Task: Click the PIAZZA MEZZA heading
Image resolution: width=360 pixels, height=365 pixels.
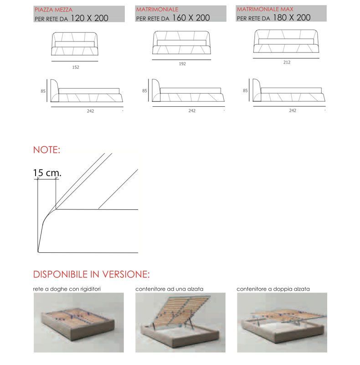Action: (x=53, y=10)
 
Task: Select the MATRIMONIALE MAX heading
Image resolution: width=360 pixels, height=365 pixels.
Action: (x=265, y=9)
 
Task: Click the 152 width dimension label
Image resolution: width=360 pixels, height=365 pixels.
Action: (x=76, y=67)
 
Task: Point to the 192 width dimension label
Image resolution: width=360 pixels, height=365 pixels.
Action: (x=182, y=64)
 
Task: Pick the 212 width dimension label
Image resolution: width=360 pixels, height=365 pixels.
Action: (x=287, y=63)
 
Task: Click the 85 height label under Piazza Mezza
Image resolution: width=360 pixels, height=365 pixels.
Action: (x=43, y=91)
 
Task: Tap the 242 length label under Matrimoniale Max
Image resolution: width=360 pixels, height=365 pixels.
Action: (x=293, y=110)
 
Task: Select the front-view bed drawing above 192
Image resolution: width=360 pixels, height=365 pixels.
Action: (x=182, y=42)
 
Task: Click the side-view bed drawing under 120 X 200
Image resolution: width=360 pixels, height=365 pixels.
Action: (x=87, y=91)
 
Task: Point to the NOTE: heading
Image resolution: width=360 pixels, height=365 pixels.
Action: (x=46, y=150)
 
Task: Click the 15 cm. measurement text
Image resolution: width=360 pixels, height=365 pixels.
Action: (x=47, y=173)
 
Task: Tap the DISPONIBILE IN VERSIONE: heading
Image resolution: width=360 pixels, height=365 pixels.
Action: (x=92, y=274)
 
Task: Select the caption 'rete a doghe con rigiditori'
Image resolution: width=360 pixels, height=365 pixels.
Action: (x=67, y=289)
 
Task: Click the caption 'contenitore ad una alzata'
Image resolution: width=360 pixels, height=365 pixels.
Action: (x=170, y=289)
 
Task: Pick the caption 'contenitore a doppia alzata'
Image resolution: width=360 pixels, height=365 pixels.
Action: (x=273, y=289)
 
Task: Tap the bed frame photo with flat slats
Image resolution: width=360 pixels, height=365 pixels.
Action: (x=78, y=323)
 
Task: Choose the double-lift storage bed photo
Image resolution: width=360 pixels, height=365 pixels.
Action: (x=282, y=323)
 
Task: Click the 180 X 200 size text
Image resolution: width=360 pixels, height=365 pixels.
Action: (x=292, y=17)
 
